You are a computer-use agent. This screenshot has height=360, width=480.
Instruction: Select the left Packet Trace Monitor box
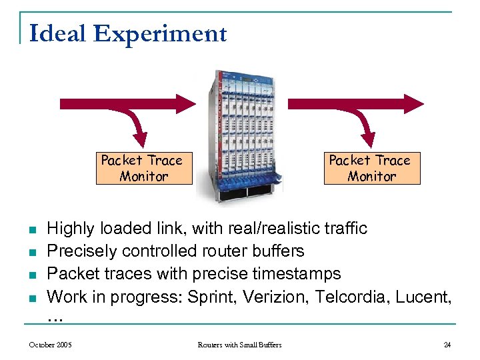(143, 168)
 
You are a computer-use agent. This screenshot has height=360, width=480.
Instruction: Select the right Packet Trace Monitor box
(371, 168)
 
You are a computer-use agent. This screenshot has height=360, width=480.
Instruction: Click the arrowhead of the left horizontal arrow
(187, 103)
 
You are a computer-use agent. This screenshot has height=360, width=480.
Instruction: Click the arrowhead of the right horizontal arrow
(415, 103)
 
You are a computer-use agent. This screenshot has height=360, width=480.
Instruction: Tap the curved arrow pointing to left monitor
(139, 130)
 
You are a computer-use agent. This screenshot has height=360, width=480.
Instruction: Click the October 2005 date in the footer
(51, 345)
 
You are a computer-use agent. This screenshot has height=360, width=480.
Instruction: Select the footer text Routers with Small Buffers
(239, 345)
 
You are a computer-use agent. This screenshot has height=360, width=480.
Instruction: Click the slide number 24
(447, 345)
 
